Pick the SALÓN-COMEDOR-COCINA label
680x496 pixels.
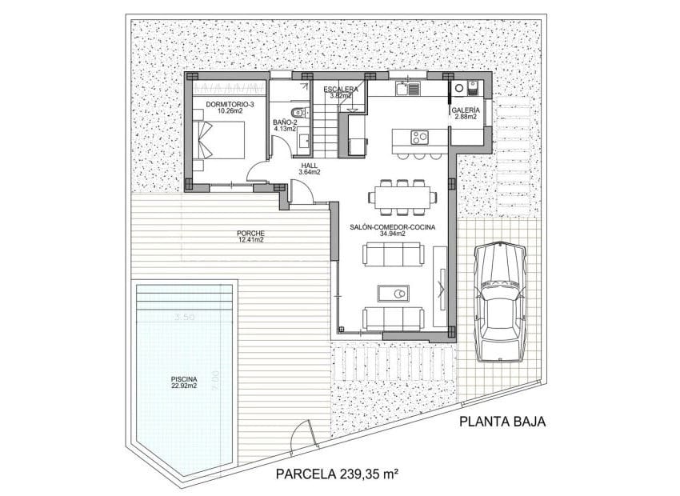(392, 228)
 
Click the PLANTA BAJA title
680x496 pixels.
(502, 423)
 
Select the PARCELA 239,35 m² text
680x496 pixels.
(337, 474)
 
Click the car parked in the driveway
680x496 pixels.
(499, 302)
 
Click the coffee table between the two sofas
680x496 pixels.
(393, 294)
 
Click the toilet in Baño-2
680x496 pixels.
(297, 111)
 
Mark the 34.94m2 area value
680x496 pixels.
(392, 236)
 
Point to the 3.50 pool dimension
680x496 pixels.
(185, 318)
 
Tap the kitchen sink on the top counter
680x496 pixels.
(413, 87)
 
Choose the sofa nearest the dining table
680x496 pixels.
(392, 255)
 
